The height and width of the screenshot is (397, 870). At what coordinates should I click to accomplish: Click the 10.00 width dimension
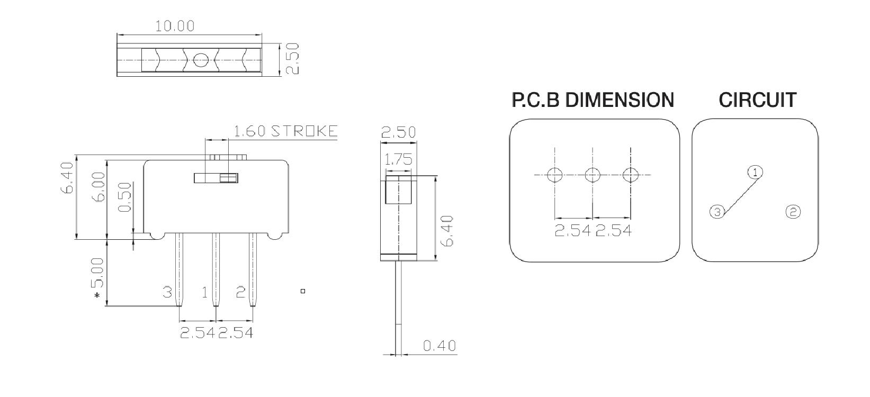(174, 25)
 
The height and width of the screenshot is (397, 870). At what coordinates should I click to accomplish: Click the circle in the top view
(200, 60)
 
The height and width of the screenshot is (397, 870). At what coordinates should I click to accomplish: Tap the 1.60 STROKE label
(285, 131)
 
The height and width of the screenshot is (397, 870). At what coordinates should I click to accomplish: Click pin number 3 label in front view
(167, 292)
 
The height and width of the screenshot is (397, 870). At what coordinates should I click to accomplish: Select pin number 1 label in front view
(205, 292)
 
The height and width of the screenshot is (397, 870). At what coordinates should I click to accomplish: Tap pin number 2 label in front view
(240, 292)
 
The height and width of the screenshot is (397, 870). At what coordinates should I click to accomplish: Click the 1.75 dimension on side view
(398, 159)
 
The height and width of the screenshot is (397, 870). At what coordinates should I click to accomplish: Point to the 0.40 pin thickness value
(440, 346)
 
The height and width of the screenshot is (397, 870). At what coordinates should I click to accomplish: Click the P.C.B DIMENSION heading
(593, 100)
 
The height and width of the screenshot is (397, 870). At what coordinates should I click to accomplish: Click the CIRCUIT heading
(757, 100)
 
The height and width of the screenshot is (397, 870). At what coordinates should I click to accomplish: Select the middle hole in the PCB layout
(593, 174)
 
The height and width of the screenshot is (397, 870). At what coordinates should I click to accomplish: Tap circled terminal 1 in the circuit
(755, 172)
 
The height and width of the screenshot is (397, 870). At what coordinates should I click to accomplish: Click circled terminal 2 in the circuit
(793, 212)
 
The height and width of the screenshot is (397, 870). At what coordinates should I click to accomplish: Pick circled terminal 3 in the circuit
(717, 212)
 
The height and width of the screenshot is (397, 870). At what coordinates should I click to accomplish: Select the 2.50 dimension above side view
(398, 132)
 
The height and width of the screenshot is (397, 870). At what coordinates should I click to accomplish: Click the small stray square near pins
(303, 291)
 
